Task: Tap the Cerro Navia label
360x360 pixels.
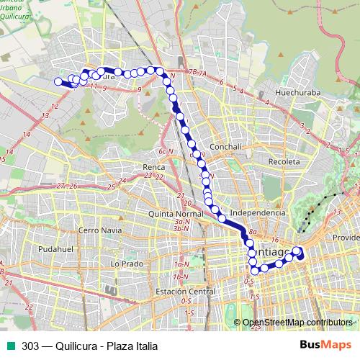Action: coord(99,230)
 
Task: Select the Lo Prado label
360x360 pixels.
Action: coord(124,264)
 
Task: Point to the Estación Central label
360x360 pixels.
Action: coord(185,292)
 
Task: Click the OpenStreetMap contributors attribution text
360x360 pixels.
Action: coord(297,322)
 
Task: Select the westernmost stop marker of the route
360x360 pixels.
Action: coord(58,81)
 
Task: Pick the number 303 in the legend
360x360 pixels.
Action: coord(30,346)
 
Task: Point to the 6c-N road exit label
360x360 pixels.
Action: coord(166,152)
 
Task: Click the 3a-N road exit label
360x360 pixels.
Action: coord(181,221)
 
